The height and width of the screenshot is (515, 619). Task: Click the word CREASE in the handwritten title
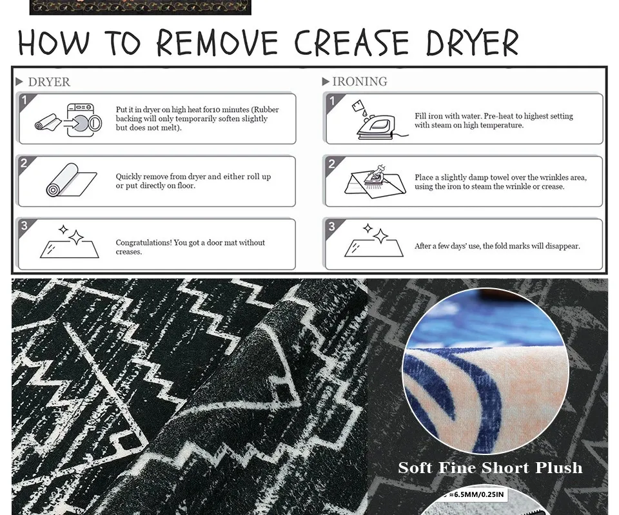click(x=352, y=43)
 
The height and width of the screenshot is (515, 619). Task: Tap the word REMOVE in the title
click(x=217, y=43)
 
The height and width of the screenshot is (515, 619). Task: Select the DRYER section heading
click(x=49, y=82)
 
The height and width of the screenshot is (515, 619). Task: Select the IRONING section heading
click(x=360, y=81)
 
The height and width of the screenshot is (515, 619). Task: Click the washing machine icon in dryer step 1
click(x=84, y=120)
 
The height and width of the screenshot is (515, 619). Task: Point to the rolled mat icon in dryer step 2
click(x=71, y=180)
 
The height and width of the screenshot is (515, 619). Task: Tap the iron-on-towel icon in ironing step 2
click(x=375, y=180)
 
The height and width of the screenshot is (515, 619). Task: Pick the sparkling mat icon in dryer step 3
click(x=70, y=242)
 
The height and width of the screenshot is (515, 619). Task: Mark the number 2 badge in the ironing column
click(x=331, y=164)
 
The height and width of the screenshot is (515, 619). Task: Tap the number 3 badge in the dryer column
click(x=24, y=226)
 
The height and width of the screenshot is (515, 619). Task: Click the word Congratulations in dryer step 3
click(x=143, y=243)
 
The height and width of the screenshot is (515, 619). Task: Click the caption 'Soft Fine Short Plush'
click(x=490, y=468)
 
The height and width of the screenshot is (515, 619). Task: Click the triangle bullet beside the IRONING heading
click(x=326, y=82)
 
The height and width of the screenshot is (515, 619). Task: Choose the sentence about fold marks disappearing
click(x=497, y=246)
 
